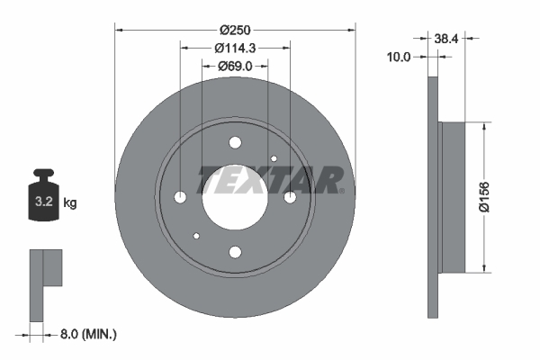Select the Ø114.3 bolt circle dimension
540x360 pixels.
(x=236, y=48)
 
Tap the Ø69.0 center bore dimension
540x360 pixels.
(x=237, y=66)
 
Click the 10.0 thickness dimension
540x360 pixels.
(x=398, y=57)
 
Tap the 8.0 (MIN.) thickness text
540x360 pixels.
(x=87, y=334)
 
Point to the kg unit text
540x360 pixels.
(x=70, y=203)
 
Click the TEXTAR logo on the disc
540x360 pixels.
(x=270, y=180)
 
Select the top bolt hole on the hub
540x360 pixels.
(x=236, y=142)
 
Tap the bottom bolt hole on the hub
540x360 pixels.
(x=236, y=252)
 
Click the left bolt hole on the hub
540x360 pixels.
(x=180, y=197)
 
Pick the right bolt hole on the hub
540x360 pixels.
(x=291, y=197)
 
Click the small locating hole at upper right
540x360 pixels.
(x=274, y=158)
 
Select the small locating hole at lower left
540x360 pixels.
(x=196, y=237)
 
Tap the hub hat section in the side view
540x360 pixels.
(x=452, y=197)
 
